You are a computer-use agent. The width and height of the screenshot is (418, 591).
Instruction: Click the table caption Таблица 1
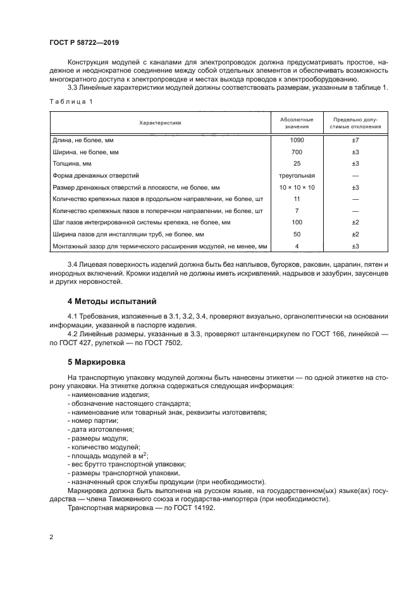click(x=70, y=101)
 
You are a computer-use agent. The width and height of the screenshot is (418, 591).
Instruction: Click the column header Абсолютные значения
click(x=296, y=123)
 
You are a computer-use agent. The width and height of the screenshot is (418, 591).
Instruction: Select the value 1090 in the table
click(x=296, y=139)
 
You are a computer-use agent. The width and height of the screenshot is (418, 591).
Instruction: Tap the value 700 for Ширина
click(x=296, y=152)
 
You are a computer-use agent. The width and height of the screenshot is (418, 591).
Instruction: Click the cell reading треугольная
click(x=296, y=175)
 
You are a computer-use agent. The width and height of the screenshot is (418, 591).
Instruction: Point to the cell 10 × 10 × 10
click(x=296, y=188)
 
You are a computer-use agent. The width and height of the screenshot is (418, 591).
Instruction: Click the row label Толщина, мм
click(x=73, y=164)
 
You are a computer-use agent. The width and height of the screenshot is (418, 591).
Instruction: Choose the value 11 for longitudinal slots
click(x=296, y=199)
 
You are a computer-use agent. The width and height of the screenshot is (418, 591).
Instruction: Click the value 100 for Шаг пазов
click(x=296, y=222)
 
